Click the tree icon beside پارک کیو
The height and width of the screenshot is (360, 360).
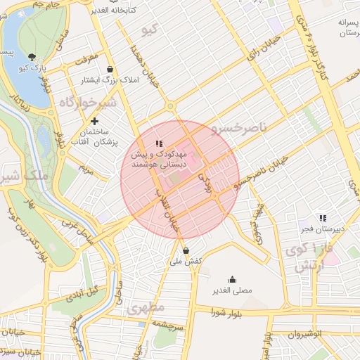pyautogui.click(x=32, y=56)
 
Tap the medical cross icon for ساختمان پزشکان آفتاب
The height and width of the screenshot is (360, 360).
pyautogui.click(x=94, y=121)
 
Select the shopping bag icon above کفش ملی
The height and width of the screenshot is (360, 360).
pyautogui.click(x=186, y=250)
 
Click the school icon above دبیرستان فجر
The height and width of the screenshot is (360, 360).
pyautogui.click(x=322, y=218)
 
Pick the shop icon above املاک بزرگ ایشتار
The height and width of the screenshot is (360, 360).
pyautogui.click(x=110, y=70)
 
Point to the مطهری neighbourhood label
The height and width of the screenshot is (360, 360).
pyautogui.click(x=147, y=307)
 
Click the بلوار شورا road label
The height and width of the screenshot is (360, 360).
pyautogui.click(x=230, y=314)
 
